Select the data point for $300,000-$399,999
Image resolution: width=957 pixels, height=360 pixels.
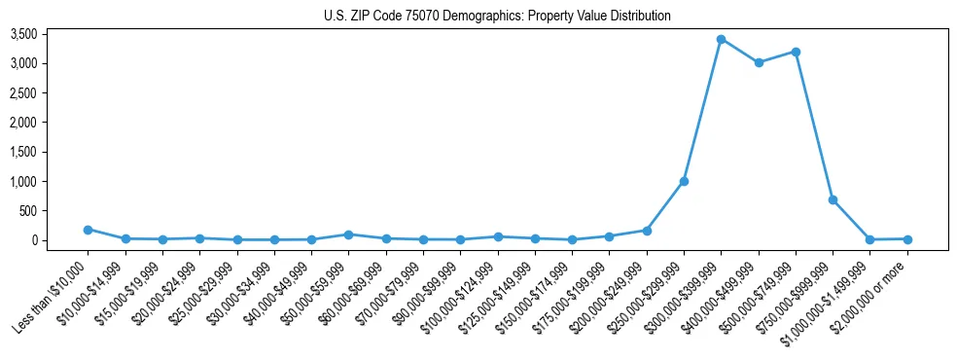(721, 39)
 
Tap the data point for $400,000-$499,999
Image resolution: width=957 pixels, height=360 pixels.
(759, 62)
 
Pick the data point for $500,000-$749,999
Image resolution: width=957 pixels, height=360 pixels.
(796, 52)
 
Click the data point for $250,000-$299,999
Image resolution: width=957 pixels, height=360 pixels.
(684, 181)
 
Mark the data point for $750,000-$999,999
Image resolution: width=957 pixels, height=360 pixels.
(833, 199)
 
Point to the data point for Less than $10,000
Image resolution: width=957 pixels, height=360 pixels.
(88, 230)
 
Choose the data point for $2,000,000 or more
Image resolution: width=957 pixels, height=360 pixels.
(907, 238)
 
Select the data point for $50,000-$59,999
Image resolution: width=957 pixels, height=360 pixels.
(348, 234)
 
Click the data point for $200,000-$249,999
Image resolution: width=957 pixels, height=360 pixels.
(647, 231)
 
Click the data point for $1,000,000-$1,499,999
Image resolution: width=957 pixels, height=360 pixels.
(870, 239)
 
